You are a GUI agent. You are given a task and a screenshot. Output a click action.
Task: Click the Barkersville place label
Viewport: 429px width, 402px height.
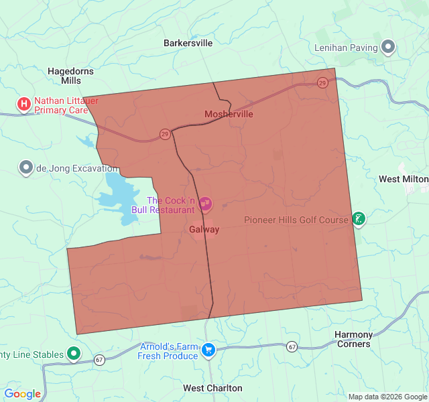188,43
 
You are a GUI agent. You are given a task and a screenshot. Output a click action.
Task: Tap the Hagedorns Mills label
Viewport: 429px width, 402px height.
70,76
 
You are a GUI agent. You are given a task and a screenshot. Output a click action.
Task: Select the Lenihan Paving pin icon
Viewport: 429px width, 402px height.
388,47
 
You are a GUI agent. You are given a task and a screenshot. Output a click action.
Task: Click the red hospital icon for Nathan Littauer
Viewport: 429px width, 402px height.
24,104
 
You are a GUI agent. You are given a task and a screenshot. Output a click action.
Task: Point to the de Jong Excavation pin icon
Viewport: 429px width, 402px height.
26,167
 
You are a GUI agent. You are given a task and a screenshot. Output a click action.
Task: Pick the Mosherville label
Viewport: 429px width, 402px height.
229,114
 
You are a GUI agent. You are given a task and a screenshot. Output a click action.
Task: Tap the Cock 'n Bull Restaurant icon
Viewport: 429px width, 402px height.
205,202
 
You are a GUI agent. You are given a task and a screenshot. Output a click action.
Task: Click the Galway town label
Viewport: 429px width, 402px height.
204,229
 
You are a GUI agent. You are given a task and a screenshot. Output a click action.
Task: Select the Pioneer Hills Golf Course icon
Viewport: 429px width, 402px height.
359,219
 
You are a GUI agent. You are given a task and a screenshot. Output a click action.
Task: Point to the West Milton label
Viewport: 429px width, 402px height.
403,180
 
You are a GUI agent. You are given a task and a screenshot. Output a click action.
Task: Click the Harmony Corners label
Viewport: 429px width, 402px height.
353,339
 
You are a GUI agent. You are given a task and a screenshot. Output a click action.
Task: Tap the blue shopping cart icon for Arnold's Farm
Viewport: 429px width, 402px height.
208,350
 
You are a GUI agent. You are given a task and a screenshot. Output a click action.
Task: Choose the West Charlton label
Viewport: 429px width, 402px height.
212,388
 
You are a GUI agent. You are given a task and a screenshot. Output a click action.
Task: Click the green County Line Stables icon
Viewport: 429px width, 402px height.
74,354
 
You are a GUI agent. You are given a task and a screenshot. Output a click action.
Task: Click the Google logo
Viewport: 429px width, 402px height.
22,394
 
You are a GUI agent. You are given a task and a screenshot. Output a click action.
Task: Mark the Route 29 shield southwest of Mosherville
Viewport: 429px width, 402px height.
165,134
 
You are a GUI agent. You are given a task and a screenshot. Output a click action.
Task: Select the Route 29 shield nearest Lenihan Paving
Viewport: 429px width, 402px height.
322,82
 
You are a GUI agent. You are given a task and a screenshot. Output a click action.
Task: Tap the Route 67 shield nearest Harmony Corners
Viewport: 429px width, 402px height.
292,346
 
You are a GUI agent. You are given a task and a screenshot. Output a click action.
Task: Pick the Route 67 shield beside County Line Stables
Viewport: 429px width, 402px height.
99,359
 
